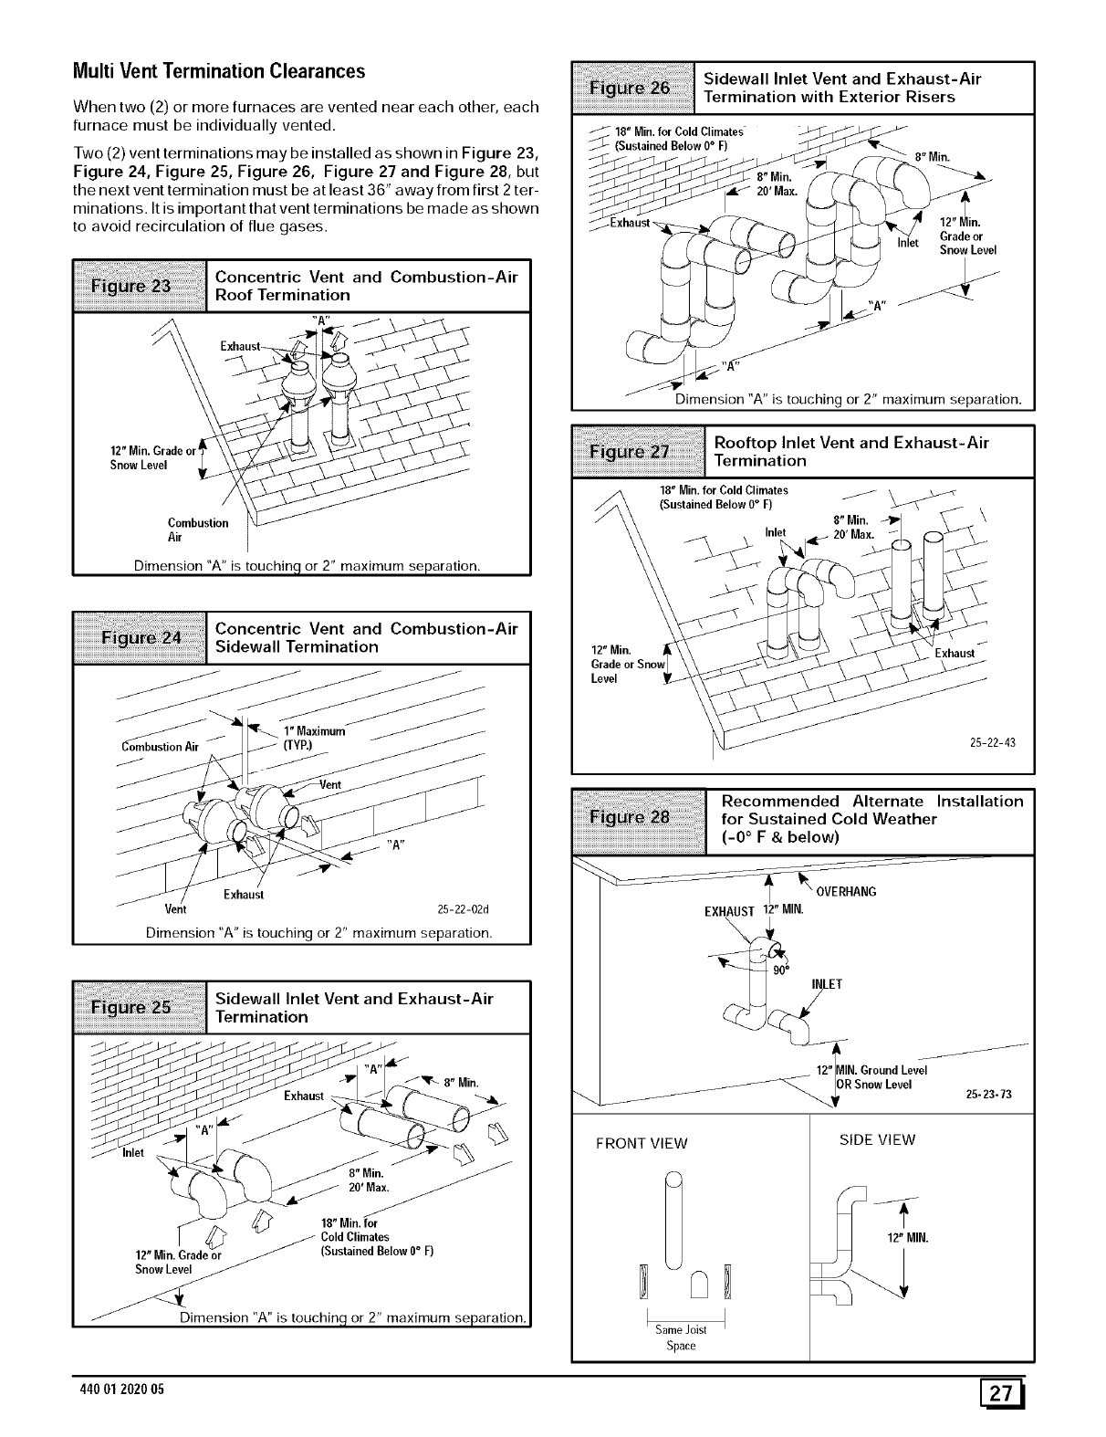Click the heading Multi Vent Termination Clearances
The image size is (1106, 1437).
[219, 71]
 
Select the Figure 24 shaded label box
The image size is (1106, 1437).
[141, 637]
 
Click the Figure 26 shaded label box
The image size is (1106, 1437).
[631, 88]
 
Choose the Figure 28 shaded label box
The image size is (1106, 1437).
[638, 818]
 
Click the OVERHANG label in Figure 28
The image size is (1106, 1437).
[846, 892]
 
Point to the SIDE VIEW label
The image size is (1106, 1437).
[877, 1139]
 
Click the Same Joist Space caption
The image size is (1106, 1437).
[681, 1337]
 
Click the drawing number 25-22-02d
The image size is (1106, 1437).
[464, 908]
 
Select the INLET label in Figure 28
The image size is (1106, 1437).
[826, 984]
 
